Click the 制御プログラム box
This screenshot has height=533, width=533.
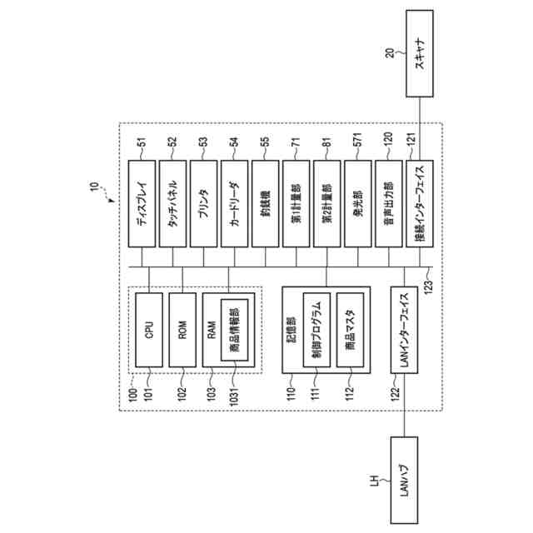pyautogui.click(x=316, y=333)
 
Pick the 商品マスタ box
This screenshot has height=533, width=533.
pyautogui.click(x=350, y=333)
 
